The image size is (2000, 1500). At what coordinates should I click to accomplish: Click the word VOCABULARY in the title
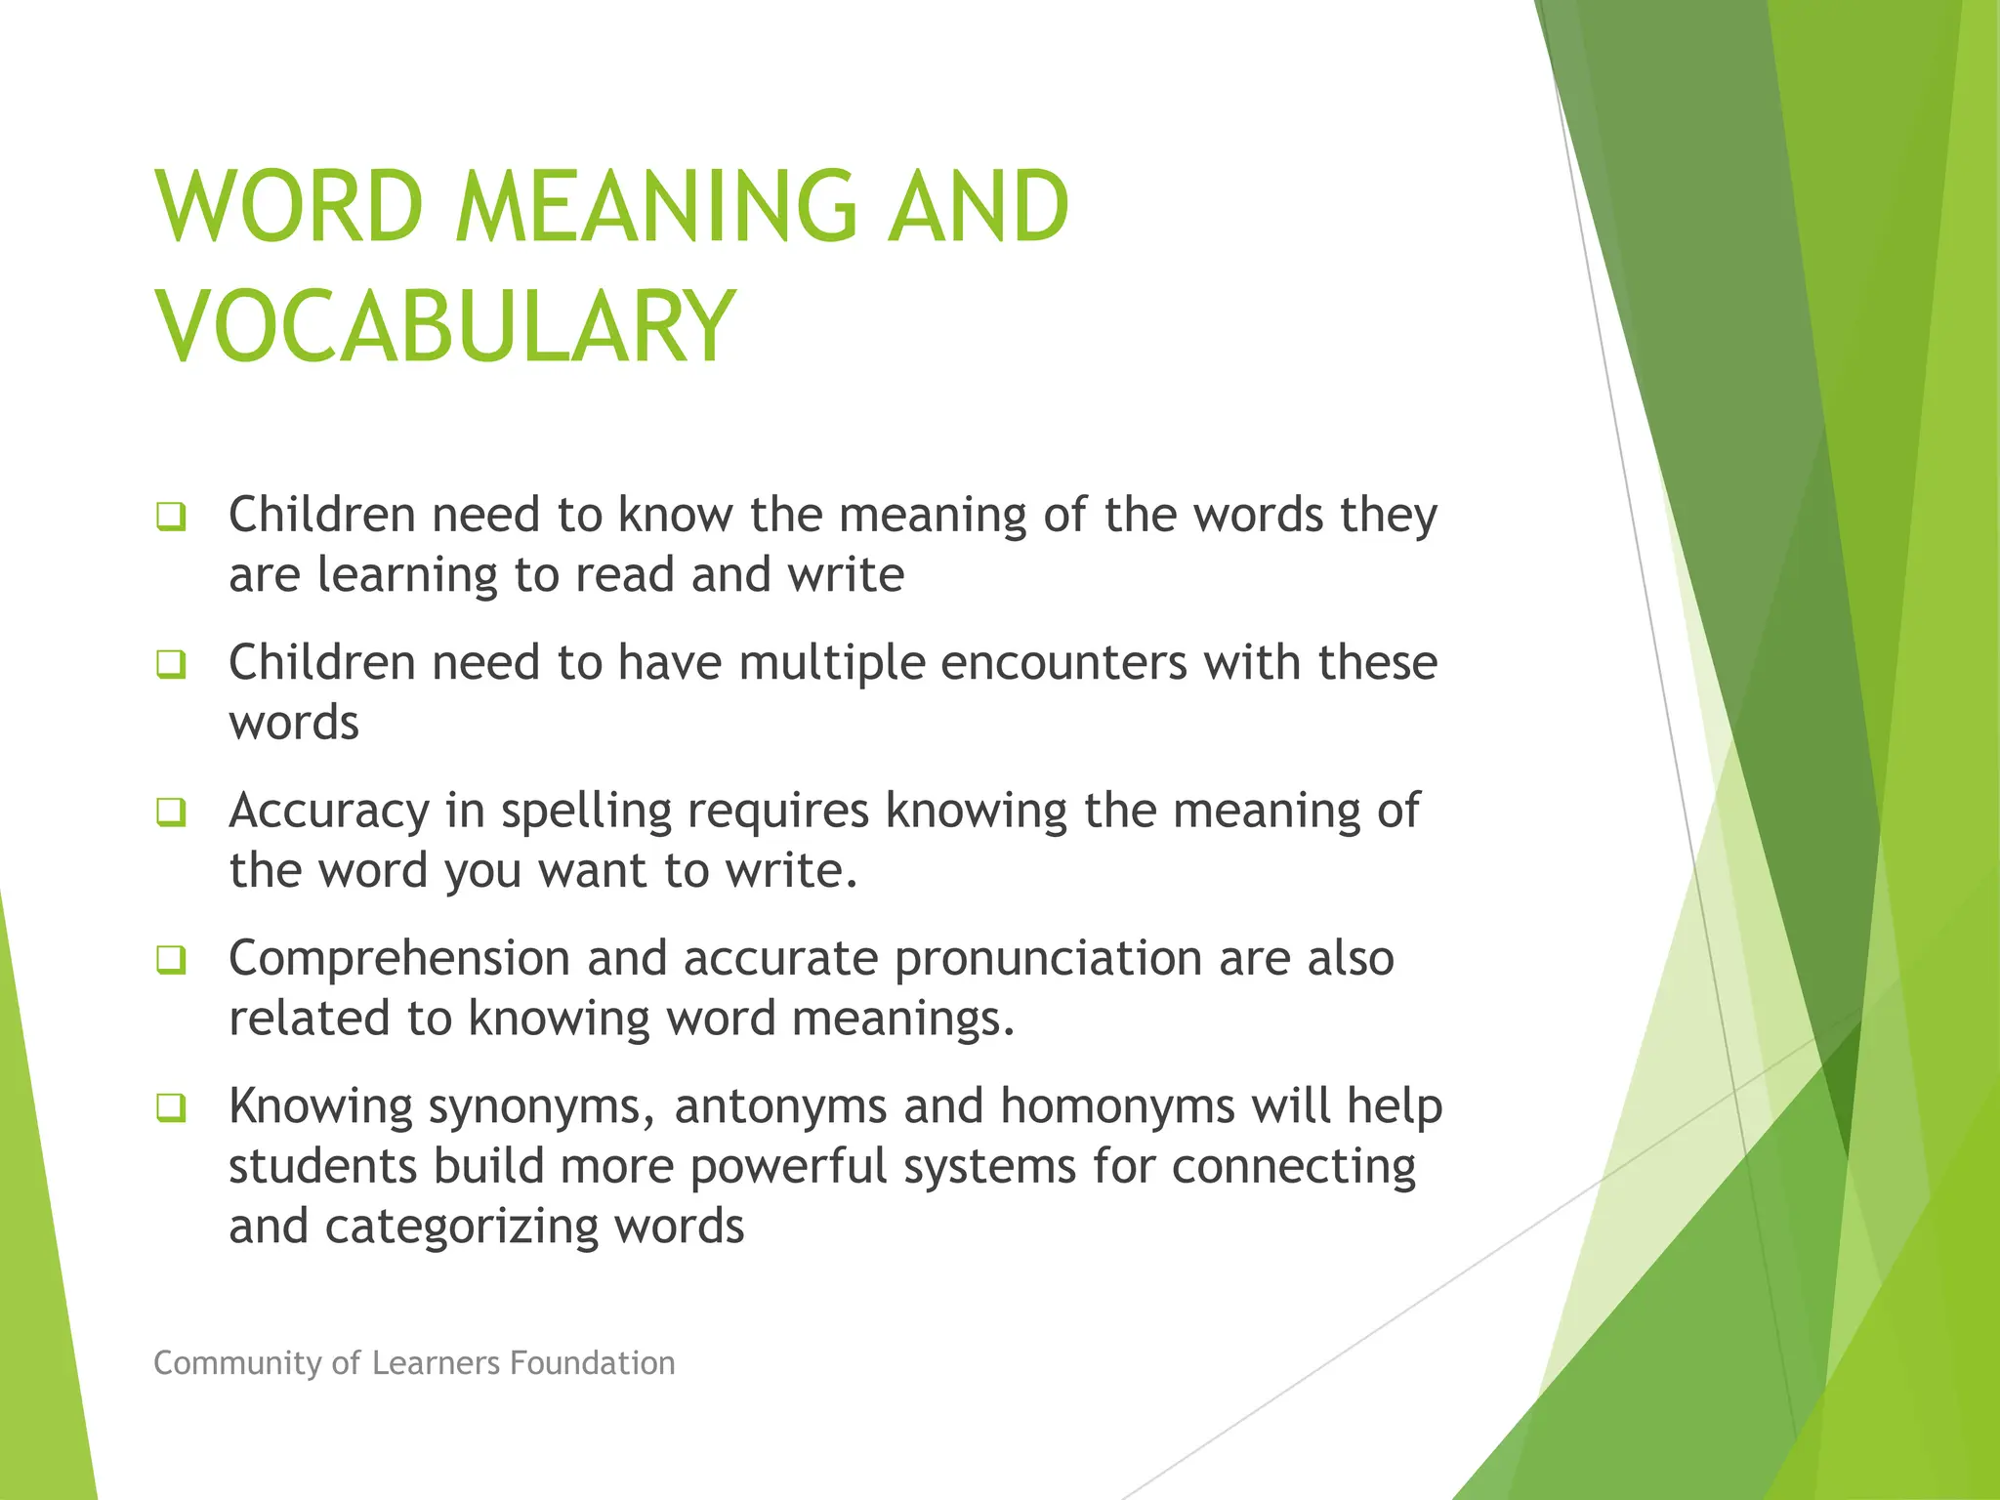(445, 326)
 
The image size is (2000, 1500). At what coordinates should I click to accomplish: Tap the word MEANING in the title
(656, 207)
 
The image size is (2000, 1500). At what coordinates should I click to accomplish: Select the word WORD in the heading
(290, 207)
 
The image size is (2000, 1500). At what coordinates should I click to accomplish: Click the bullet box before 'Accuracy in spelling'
(171, 812)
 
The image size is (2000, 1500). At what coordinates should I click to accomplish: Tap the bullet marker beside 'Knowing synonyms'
(171, 1108)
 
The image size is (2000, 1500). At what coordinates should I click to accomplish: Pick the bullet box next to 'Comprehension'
(171, 960)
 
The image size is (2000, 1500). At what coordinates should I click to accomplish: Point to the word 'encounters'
(1062, 664)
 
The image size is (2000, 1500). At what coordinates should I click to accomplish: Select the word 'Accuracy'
(329, 812)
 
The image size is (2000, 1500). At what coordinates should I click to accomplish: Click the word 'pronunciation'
(1048, 960)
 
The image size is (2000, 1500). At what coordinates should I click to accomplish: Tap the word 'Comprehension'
(398, 960)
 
